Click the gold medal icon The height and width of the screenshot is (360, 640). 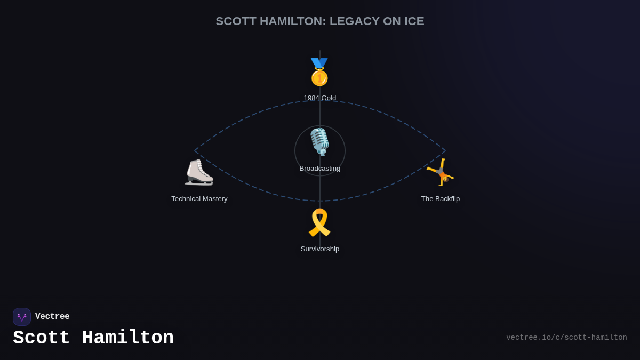point(319,73)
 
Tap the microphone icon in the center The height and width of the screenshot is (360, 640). point(319,141)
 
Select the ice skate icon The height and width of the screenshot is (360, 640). point(199,172)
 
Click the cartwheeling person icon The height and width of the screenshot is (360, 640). point(441,172)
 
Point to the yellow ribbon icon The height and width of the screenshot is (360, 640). point(319,222)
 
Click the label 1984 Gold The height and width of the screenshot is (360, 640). point(320,98)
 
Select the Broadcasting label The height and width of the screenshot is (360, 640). point(320,169)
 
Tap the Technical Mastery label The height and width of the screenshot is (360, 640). point(199,199)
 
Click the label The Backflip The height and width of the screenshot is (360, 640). point(441,199)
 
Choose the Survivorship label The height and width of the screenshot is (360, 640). point(320,249)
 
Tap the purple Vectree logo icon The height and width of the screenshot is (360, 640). point(22,317)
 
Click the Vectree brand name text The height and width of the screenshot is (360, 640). point(52,317)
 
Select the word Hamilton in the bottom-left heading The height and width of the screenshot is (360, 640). point(128,338)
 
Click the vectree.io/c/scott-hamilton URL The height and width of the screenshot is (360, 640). point(566,338)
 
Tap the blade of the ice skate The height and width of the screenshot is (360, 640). point(199,183)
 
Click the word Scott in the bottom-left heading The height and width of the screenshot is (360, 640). point(42,338)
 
